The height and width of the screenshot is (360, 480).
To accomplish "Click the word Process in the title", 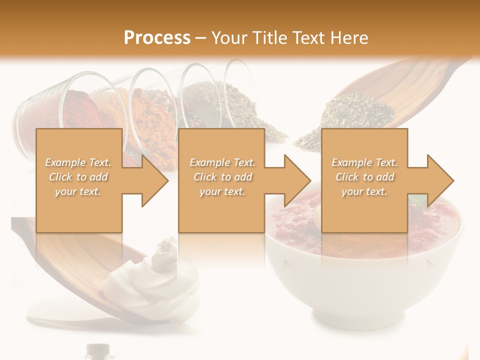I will (157, 37).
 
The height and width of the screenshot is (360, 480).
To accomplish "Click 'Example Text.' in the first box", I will (78, 162).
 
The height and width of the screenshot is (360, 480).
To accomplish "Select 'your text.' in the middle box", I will (222, 191).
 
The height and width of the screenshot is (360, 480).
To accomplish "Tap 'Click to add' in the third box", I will (364, 177).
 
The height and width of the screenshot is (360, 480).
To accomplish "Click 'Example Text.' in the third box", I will (364, 162).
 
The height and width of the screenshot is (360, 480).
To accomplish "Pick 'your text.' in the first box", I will (78, 191).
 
